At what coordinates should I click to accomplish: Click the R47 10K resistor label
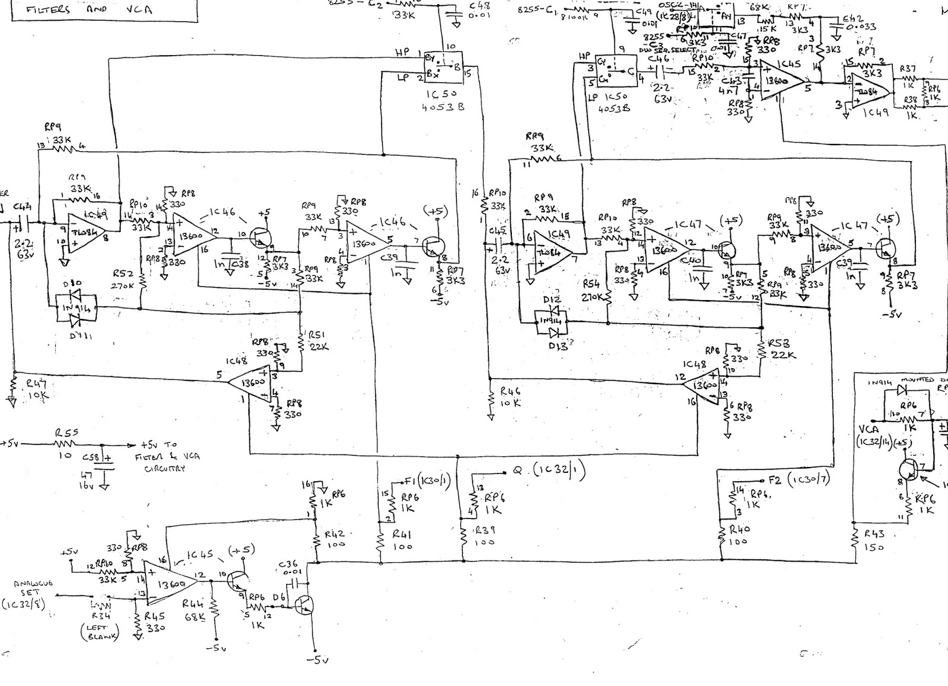pyautogui.click(x=37, y=390)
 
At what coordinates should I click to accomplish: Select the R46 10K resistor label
pyautogui.click(x=510, y=396)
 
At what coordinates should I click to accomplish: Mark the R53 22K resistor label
pyautogui.click(x=782, y=349)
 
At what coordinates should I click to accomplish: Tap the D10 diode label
pyautogui.click(x=75, y=284)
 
